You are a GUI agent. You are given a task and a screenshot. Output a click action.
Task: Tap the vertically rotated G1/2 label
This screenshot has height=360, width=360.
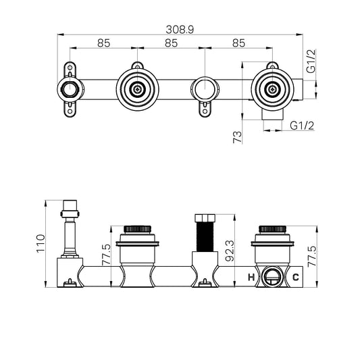(x=311, y=61)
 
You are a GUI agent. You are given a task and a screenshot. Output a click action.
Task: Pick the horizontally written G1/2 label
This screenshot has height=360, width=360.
(x=301, y=126)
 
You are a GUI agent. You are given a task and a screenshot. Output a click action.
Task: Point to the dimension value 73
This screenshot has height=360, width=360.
(x=236, y=137)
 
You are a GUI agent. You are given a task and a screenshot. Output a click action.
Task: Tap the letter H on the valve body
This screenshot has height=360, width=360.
(x=251, y=276)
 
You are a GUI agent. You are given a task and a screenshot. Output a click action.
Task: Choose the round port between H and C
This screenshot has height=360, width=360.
(x=273, y=276)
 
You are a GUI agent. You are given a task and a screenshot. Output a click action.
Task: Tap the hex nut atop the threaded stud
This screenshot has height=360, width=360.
(x=203, y=220)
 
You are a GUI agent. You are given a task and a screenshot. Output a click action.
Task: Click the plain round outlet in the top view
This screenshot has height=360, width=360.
(x=203, y=88)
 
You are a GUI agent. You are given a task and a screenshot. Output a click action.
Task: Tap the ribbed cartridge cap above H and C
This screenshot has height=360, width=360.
(x=272, y=228)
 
